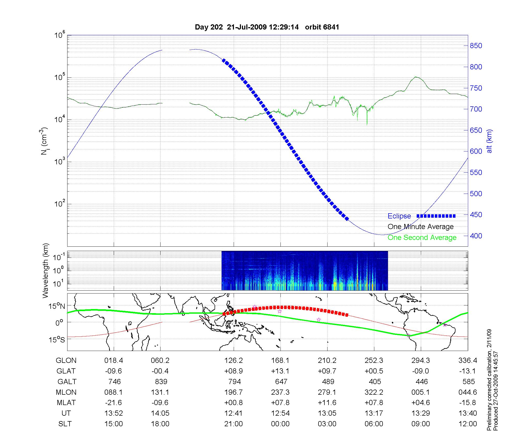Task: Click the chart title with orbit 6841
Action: click(x=267, y=27)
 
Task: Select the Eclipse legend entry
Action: click(x=399, y=216)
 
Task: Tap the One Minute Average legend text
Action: click(x=421, y=227)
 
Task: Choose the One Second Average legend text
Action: click(x=422, y=238)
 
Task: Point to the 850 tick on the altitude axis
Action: click(x=476, y=46)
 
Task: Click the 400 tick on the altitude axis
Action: click(x=476, y=236)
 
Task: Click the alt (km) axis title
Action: click(x=489, y=141)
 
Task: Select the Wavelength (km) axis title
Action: click(x=46, y=270)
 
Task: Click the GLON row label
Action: click(x=66, y=361)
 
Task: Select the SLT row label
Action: click(x=65, y=424)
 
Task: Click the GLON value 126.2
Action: click(x=234, y=361)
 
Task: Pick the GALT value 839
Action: click(x=161, y=382)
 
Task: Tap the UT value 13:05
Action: click(x=327, y=413)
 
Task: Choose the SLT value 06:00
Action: click(x=374, y=424)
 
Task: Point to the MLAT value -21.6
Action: click(x=113, y=403)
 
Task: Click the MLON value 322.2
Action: click(x=374, y=392)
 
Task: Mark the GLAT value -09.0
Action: click(x=421, y=371)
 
